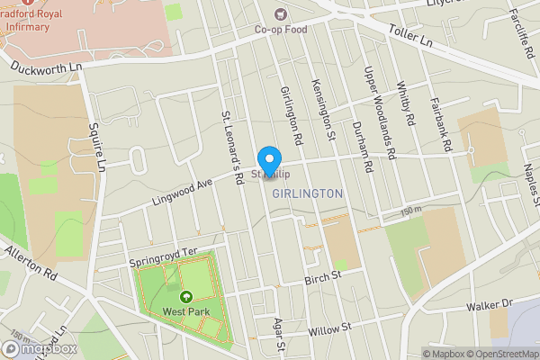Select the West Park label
tap(187, 312)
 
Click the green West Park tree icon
tap(187, 297)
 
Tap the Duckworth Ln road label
tap(46, 66)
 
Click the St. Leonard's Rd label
tap(234, 148)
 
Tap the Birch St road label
tap(324, 275)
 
